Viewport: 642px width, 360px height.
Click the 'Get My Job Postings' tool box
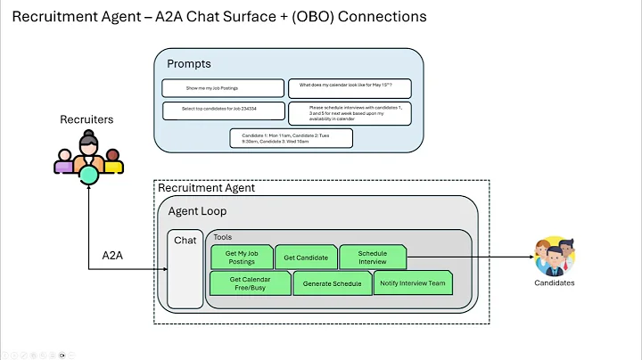[241, 257]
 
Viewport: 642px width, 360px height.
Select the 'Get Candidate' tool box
[306, 258]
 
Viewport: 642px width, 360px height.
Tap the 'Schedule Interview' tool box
[373, 258]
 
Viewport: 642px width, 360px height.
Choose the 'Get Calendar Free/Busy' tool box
[250, 283]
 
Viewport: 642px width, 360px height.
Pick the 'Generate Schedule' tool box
[332, 283]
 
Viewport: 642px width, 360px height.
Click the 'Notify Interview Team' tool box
[413, 283]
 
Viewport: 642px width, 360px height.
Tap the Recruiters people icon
[87, 156]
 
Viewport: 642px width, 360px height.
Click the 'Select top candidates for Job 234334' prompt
[222, 111]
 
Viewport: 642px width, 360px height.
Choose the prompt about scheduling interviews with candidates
[349, 113]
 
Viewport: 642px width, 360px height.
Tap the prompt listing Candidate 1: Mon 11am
[291, 138]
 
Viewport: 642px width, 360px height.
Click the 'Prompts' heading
[189, 63]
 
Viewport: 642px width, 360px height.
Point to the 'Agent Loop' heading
[197, 211]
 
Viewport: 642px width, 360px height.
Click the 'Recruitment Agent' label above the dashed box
[206, 188]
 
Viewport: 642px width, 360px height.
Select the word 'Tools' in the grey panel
[223, 237]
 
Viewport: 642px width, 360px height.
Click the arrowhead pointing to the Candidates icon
[530, 258]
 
